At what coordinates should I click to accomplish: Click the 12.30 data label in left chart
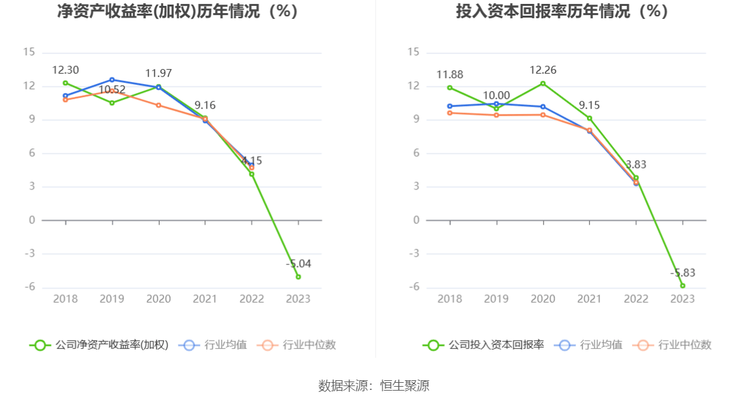pos(65,70)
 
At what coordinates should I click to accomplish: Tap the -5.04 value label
pos(298,264)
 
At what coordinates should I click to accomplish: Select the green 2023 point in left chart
pos(298,277)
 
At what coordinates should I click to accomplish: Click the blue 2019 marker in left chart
pos(112,79)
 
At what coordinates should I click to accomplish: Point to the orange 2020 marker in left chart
pos(158,105)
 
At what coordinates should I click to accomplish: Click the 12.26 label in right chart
pos(543,70)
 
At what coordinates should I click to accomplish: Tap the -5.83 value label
pos(683,273)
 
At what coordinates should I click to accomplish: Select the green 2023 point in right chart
pos(683,285)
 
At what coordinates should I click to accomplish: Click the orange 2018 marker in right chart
pos(450,113)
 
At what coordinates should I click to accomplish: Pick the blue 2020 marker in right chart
pos(543,107)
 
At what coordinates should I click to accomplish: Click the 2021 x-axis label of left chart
pos(205,299)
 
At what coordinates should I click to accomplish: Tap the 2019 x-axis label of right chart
pos(496,299)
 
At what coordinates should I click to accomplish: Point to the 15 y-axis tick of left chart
pos(29,53)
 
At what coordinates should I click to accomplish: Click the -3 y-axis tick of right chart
pos(413,254)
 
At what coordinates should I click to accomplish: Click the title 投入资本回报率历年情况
pos(562,11)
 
